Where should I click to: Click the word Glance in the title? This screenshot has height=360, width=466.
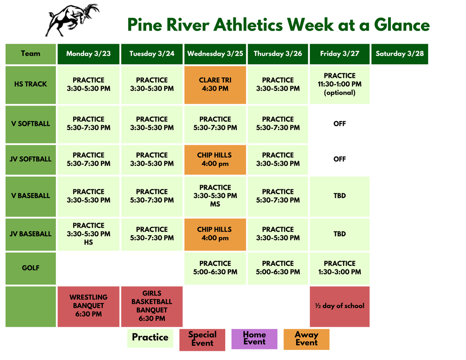pos(401,25)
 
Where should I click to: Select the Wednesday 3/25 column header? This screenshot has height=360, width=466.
pos(215,54)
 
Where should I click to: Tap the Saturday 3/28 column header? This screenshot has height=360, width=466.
pos(400,54)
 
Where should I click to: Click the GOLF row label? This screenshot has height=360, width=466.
pos(30,268)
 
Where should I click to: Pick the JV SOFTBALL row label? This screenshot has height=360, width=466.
pos(30,159)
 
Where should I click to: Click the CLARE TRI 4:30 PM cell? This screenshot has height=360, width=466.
pos(215,84)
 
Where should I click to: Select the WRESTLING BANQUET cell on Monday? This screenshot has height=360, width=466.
pos(88,306)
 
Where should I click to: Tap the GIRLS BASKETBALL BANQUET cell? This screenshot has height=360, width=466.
pos(152,306)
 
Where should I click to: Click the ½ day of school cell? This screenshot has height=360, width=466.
pos(339,306)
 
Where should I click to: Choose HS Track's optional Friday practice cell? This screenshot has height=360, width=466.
pos(339,84)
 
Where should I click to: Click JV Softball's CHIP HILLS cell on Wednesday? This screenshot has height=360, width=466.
pos(215,159)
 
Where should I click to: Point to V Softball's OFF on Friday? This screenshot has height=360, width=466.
pos(339,124)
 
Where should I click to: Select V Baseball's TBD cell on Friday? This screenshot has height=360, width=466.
pos(339,196)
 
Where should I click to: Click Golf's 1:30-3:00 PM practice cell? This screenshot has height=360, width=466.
pos(339,268)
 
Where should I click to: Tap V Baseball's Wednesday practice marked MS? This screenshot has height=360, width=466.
pos(215,196)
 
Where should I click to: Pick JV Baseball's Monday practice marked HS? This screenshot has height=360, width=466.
pos(88,234)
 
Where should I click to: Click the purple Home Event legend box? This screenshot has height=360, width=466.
pos(254,339)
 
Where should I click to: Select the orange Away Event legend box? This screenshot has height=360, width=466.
pos(306,339)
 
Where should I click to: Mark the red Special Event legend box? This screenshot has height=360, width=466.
pos(202,340)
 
